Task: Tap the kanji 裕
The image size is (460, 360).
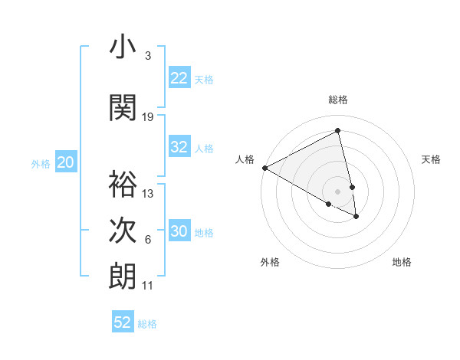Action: (123, 184)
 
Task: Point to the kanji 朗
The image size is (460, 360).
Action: (123, 277)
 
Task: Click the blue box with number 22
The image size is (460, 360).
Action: (179, 78)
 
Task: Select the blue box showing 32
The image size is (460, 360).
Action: (179, 148)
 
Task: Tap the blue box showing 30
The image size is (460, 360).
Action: (179, 232)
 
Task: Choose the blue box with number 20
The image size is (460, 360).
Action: (66, 162)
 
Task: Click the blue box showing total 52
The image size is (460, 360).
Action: (123, 322)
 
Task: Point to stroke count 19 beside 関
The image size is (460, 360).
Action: (148, 117)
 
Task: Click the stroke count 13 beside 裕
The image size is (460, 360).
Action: (148, 194)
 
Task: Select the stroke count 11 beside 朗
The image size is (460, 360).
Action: (148, 286)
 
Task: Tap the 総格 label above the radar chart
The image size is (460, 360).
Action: (338, 100)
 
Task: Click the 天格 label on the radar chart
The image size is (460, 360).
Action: (431, 159)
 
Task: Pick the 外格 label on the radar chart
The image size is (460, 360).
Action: (270, 262)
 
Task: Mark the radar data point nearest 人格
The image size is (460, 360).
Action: (264, 168)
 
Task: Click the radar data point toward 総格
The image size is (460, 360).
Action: (338, 131)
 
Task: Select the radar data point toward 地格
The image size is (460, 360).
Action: (356, 217)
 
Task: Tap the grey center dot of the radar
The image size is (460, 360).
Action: (338, 191)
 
